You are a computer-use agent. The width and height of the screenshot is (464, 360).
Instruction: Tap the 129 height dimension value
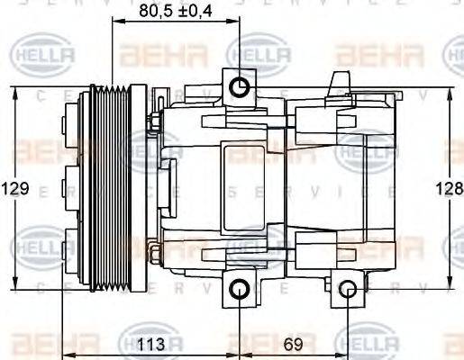point(15,189)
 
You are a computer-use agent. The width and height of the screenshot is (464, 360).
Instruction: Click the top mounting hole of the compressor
point(240,86)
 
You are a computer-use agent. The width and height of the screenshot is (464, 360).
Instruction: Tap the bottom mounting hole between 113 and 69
point(240,289)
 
